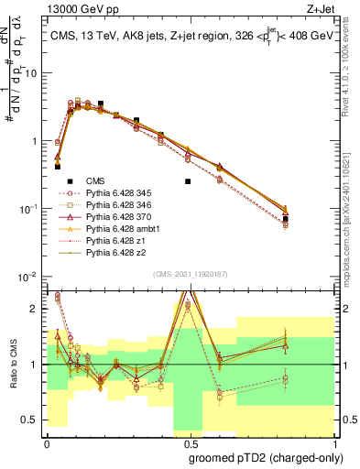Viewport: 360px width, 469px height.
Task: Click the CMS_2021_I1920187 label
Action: point(190,273)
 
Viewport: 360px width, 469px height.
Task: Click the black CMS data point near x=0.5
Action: point(188,181)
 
